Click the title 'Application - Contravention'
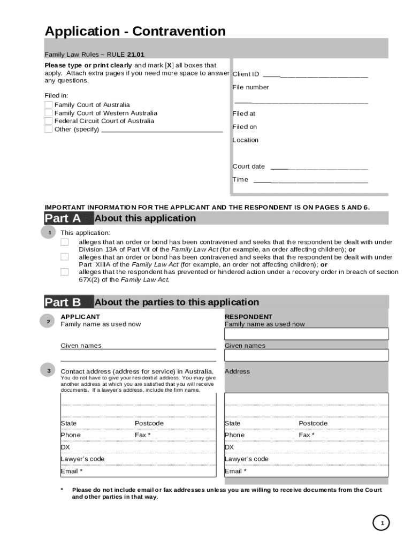coord(135,32)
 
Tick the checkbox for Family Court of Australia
coord(49,105)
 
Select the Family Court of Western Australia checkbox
coord(49,113)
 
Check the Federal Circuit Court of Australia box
coord(49,121)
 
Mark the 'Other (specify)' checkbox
coord(49,129)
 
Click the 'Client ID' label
coord(246,74)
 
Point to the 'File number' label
coord(250,87)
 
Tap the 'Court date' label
coord(248,166)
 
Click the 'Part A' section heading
coord(63,218)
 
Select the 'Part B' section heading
coord(63,302)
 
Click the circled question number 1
coord(49,233)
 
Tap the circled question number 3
coord(49,371)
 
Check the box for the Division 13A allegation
coord(65,242)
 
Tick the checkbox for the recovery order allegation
coord(65,272)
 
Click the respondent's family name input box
coord(306,334)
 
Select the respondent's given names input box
coord(306,355)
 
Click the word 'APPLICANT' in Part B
coord(80,317)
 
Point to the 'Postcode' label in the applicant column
coord(149,423)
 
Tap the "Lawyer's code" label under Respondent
coord(247,459)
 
